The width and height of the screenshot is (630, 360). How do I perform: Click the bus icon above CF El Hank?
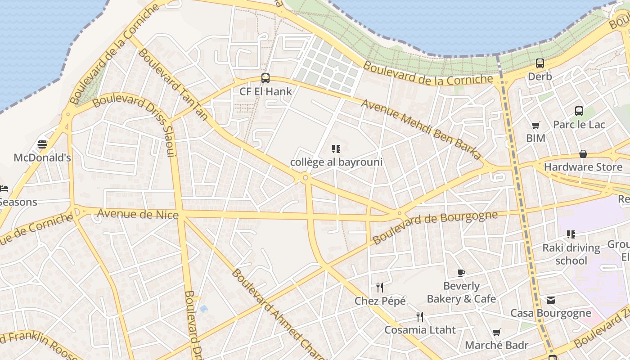click(265, 78)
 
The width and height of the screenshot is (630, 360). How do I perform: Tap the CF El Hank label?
click(265, 91)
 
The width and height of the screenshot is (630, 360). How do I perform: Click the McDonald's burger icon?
click(42, 144)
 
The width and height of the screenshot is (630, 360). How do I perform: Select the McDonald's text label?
click(42, 158)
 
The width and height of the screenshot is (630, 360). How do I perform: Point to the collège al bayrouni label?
click(336, 162)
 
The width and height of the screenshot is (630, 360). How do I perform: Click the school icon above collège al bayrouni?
click(336, 149)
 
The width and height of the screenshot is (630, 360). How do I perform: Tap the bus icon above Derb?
click(540, 63)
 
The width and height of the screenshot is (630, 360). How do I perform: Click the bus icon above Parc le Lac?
click(579, 111)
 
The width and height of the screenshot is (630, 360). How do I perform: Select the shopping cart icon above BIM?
click(535, 125)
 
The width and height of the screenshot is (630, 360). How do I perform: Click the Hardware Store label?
click(583, 167)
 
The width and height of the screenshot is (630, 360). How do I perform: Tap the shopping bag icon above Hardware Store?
click(583, 154)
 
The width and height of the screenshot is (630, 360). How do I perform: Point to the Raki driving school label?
click(571, 254)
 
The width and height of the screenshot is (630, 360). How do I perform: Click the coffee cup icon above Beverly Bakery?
click(461, 273)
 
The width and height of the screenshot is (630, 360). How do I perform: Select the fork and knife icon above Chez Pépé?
click(380, 287)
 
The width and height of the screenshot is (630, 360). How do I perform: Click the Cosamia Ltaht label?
click(420, 330)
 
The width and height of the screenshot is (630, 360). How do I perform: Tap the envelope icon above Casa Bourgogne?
click(551, 300)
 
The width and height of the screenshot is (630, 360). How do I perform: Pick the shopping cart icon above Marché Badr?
click(496, 333)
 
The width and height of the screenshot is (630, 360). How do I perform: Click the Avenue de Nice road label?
click(138, 214)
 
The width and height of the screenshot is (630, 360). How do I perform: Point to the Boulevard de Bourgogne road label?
click(435, 227)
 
